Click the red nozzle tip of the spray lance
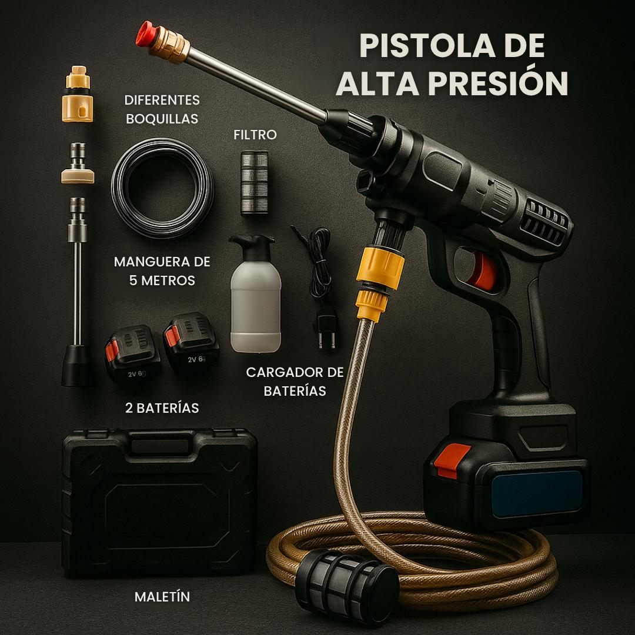[x=144, y=34]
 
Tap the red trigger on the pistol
[x=484, y=272]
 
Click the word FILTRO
[x=255, y=135]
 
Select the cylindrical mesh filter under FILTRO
[x=255, y=182]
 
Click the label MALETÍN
[x=162, y=597]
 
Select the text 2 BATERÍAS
[x=162, y=407]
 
